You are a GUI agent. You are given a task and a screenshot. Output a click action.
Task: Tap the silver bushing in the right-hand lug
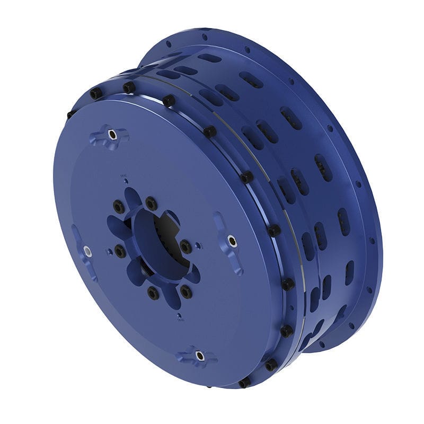232,242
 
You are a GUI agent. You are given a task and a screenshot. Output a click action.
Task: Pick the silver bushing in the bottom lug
199,356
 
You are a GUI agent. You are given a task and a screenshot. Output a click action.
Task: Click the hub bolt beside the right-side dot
185,247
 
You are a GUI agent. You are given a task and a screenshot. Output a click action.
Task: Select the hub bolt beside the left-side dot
121,251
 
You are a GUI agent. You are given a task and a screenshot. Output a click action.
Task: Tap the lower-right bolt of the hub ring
185,291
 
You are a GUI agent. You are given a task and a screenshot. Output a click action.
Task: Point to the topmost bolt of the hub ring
151,204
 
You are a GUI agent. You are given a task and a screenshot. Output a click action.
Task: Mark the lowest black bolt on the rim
244,382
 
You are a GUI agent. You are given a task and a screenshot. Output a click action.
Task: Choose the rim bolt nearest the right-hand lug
274,231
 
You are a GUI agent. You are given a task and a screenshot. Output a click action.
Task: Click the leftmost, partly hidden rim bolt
70,114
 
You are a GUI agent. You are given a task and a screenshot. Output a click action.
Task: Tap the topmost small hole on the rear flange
205,37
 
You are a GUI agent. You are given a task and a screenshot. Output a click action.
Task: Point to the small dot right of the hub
198,245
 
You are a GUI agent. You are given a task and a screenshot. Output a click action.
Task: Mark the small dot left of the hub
109,252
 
